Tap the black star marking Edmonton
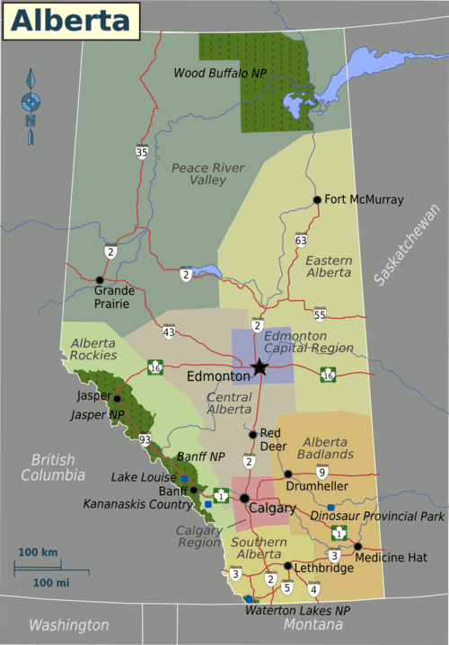(x=260, y=367)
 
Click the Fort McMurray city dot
(x=317, y=199)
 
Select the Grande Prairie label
(x=114, y=297)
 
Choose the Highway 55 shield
(x=320, y=314)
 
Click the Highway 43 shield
(x=169, y=332)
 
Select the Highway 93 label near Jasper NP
(x=145, y=438)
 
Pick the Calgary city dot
(x=243, y=498)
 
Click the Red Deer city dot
(x=253, y=434)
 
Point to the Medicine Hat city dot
(x=357, y=546)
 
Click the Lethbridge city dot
(x=287, y=566)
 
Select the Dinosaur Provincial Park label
(x=377, y=517)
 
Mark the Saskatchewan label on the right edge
(x=409, y=244)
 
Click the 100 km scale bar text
(x=38, y=552)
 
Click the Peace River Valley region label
(x=207, y=174)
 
